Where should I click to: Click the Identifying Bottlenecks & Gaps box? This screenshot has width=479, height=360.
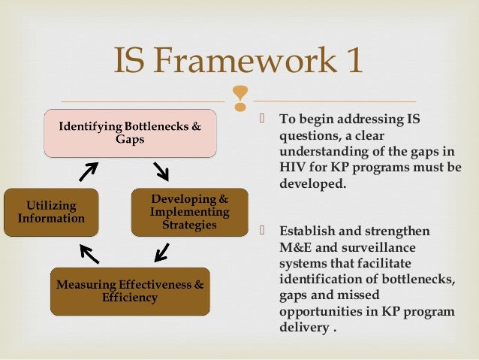(x=130, y=133)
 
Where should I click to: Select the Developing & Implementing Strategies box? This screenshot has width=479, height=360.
(x=189, y=211)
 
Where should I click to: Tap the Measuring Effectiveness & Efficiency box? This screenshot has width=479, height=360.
(x=130, y=291)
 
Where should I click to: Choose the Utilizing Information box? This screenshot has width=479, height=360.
(x=51, y=212)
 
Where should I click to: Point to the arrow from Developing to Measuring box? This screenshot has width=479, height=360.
(x=161, y=251)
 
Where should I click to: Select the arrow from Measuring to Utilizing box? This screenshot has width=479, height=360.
(x=89, y=254)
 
